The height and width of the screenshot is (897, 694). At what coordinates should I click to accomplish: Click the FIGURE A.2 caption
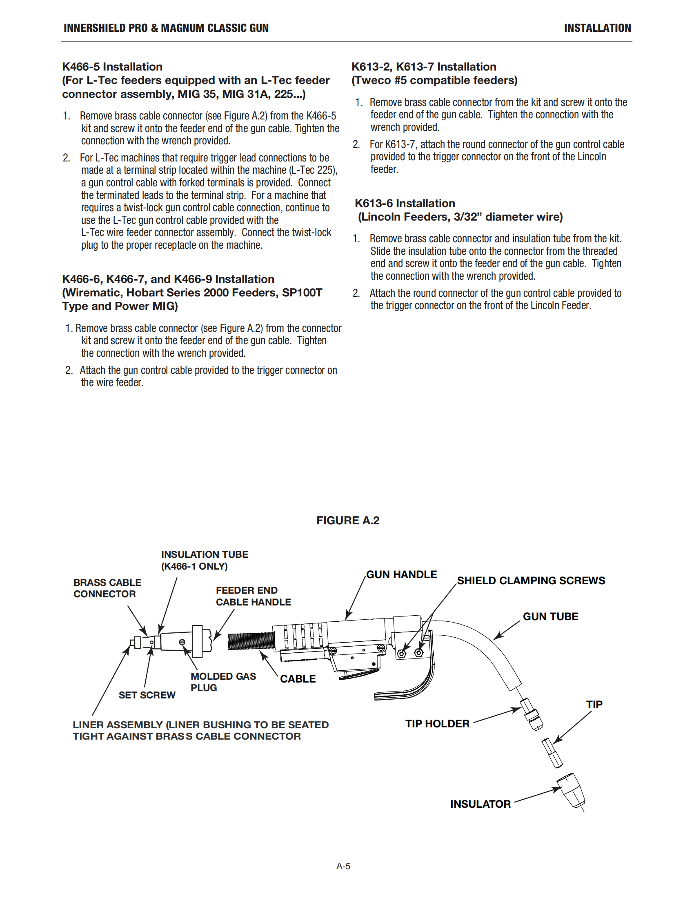coord(347,520)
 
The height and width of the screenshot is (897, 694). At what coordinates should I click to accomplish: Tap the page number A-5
coord(343,866)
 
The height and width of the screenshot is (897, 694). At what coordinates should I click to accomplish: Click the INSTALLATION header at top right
coord(597,28)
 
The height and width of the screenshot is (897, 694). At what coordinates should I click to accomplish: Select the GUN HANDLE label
coord(401,574)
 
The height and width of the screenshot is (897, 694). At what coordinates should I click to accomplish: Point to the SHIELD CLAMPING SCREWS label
coord(531,580)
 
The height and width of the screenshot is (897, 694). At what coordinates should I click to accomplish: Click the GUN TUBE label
coord(550,616)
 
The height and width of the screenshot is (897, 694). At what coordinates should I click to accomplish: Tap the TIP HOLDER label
coord(437,724)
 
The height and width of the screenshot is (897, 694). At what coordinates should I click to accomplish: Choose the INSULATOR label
coord(480,804)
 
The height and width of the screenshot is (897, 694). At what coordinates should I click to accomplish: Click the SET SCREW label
coord(147,695)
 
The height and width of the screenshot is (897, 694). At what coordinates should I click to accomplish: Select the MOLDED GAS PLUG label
coord(223,682)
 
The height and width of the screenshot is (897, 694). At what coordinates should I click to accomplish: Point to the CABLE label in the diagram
coord(298,679)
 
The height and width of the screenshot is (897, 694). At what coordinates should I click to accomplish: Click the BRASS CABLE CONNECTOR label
coord(107,588)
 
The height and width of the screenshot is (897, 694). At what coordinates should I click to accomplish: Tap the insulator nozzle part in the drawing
coord(572,790)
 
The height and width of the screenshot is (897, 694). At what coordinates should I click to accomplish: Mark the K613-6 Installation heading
coord(405,203)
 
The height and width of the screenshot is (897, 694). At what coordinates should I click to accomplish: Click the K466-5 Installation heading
coord(112,66)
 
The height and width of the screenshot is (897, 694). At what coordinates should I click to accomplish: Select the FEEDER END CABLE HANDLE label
coord(253,596)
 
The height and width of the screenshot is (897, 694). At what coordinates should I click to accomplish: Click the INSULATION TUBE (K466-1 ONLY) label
coord(205,560)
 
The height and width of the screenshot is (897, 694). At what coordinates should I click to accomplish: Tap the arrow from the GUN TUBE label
coord(507,630)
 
